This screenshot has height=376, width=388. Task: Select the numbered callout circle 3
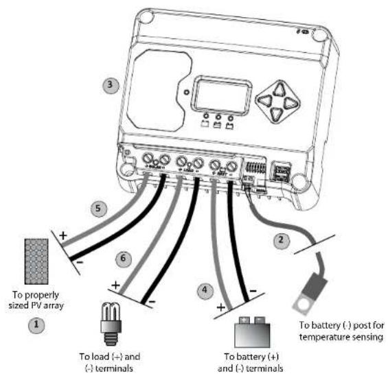pyautogui.click(x=109, y=86)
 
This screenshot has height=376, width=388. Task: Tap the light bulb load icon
pyautogui.click(x=110, y=318)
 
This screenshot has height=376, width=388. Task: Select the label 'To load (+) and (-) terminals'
pyautogui.click(x=111, y=362)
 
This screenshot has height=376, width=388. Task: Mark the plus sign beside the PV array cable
pyautogui.click(x=63, y=236)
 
